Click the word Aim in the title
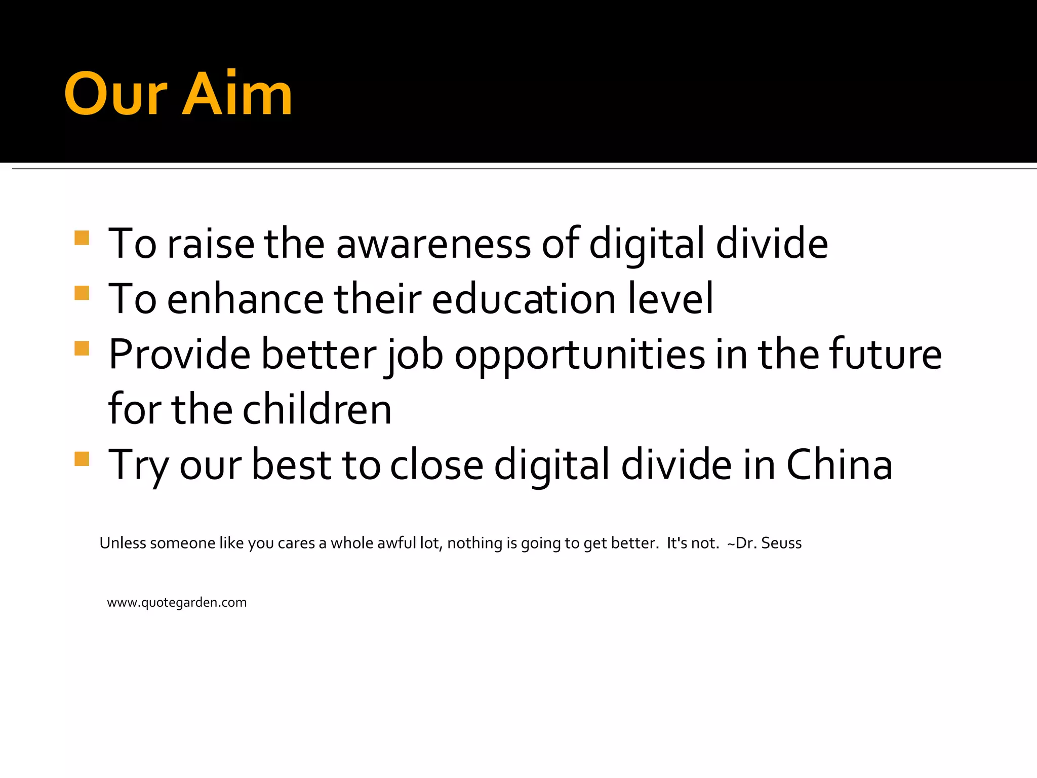point(237,94)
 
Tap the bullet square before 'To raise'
point(82,238)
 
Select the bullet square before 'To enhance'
point(82,293)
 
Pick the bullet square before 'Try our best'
point(82,458)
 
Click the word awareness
point(433,244)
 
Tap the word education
point(524,299)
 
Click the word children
point(317,409)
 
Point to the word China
point(839,465)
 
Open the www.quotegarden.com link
point(177,603)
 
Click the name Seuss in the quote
point(781,543)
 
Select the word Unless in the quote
point(123,543)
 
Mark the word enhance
point(245,299)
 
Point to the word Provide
point(179,354)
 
